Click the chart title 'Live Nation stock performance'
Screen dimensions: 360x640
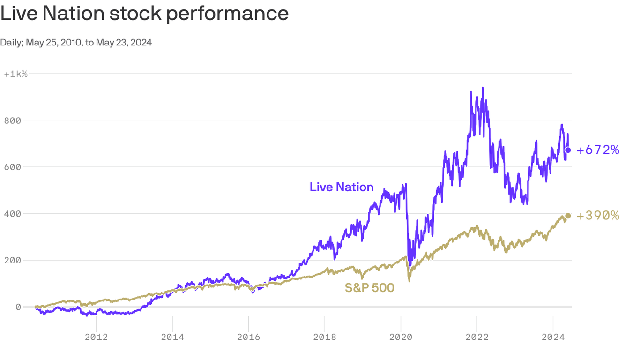coord(144,14)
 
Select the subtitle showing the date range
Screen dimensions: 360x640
coord(76,43)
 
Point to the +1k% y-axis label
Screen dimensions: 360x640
coord(15,74)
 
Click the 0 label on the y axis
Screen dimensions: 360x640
coord(18,307)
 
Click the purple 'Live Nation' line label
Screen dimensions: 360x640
coord(342,187)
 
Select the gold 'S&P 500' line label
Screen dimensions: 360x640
coord(369,287)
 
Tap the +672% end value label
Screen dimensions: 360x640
coord(598,150)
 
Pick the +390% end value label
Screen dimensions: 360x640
coord(598,216)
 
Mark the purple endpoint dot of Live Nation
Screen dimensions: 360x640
coord(568,150)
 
